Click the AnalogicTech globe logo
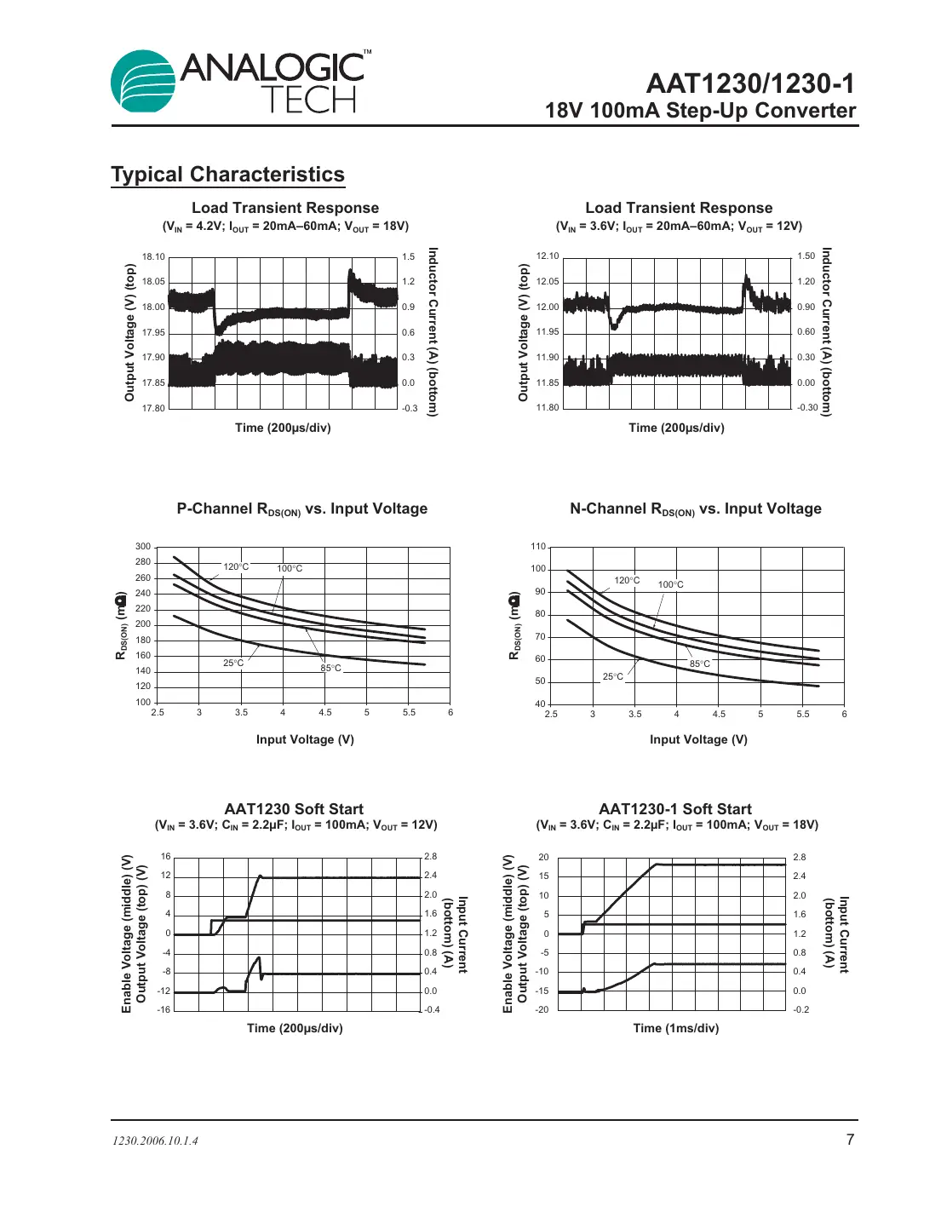click(x=143, y=82)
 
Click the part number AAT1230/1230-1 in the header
click(x=749, y=83)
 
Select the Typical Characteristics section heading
click(x=227, y=175)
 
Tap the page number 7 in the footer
click(x=849, y=1140)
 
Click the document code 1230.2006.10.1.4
click(x=155, y=1141)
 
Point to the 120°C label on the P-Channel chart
click(x=236, y=566)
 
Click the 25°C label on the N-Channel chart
click(x=613, y=676)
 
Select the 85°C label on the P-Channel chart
click(x=330, y=668)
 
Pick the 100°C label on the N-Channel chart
click(x=670, y=584)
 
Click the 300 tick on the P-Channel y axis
click(x=143, y=547)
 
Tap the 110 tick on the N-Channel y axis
click(x=538, y=547)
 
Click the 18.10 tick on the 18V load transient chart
click(x=153, y=256)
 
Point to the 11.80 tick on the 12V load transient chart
click(x=548, y=407)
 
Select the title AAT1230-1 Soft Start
click(x=675, y=809)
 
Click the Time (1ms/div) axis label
click(x=675, y=1028)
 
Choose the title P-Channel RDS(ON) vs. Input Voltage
click(x=302, y=508)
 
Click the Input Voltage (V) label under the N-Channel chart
click(x=698, y=739)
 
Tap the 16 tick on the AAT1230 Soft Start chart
click(x=166, y=856)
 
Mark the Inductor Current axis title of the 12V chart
click(x=826, y=331)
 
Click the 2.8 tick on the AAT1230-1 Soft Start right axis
click(x=799, y=857)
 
